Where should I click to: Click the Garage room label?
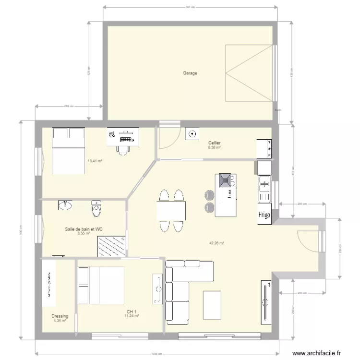coord(190,73)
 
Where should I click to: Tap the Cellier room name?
coord(215,143)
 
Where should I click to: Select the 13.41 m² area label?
coord(95,161)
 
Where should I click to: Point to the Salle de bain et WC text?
coord(84,229)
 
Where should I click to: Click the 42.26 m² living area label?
coord(217,243)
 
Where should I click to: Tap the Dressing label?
coord(60,316)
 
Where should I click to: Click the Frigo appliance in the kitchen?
coord(265,215)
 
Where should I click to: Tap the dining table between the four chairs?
coord(171,210)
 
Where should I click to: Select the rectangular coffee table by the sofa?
coord(212,304)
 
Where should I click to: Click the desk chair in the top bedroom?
coord(123,150)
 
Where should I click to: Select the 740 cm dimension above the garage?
coord(190,7)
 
